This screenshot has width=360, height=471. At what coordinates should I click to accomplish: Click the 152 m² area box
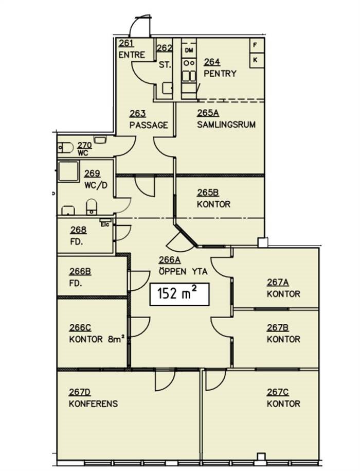pyautogui.click(x=179, y=294)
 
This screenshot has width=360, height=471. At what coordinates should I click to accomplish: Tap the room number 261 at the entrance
pyautogui.click(x=126, y=43)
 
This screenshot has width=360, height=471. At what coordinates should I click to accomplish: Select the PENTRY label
pyautogui.click(x=220, y=74)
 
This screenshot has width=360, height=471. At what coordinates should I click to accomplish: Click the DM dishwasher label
pyautogui.click(x=189, y=50)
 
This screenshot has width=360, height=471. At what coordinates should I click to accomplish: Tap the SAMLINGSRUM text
pyautogui.click(x=226, y=125)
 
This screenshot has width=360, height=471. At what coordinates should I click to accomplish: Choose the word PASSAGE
pyautogui.click(x=149, y=125)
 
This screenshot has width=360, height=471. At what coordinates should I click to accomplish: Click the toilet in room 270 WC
pyautogui.click(x=65, y=148)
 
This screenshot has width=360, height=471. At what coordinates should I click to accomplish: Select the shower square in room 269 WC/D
pyautogui.click(x=69, y=171)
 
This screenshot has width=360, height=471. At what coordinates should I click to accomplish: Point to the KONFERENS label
pyautogui.click(x=93, y=404)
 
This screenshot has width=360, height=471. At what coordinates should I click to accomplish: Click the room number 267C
pyautogui.click(x=278, y=392)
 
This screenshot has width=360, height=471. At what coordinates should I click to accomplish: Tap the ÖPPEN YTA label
pyautogui.click(x=183, y=272)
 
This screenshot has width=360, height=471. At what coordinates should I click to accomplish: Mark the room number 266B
pyautogui.click(x=80, y=272)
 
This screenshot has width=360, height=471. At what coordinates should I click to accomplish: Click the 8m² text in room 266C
pyautogui.click(x=116, y=339)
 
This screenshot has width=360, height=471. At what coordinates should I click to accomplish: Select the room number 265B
pyautogui.click(x=208, y=192)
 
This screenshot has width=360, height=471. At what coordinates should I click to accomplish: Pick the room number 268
pyautogui.click(x=78, y=230)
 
